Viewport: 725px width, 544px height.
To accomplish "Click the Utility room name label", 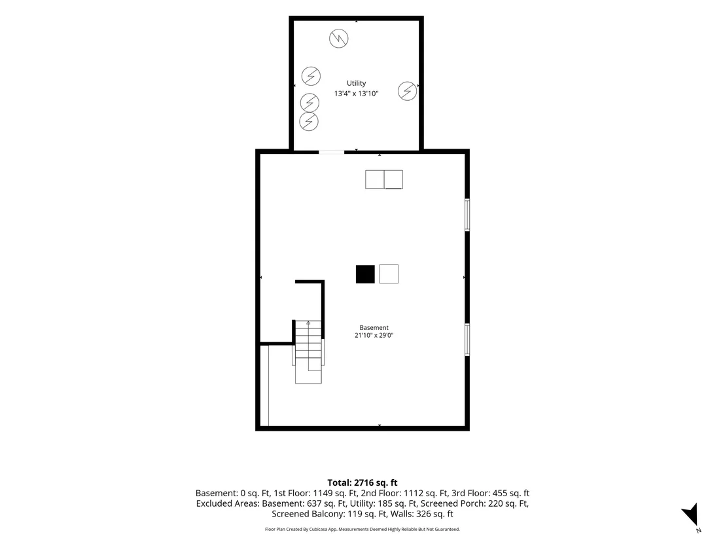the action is [356, 83].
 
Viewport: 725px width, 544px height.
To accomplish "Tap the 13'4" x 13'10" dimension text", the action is [356, 94].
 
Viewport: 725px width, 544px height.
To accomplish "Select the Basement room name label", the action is [374, 327].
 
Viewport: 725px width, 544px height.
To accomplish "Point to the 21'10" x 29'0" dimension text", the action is [374, 335].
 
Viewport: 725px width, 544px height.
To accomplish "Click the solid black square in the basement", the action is [365, 274].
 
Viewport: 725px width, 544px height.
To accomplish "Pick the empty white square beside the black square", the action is [389, 274].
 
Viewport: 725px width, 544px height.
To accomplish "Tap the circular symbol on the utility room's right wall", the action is [408, 91].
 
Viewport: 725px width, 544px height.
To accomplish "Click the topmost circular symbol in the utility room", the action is [339, 39].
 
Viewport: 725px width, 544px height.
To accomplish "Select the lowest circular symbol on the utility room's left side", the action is [309, 122].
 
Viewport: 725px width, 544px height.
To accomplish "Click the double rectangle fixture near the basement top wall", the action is [384, 179].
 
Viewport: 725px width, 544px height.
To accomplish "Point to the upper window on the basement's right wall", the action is [467, 215].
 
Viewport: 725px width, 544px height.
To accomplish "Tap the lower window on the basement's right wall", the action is [467, 340].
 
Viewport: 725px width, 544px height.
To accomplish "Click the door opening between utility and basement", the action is [332, 152].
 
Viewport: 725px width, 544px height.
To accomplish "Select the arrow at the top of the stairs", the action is [308, 323].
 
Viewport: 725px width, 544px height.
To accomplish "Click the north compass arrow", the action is [691, 515].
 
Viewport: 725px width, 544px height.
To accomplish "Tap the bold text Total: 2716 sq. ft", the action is [362, 483].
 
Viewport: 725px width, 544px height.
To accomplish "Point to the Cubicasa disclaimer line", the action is [362, 529].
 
